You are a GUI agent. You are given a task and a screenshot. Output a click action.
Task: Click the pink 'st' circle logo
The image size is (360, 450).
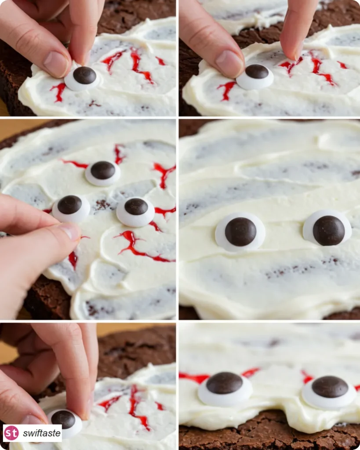click(x=11, y=433)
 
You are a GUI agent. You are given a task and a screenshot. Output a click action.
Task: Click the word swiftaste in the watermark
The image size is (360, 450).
click(x=42, y=433)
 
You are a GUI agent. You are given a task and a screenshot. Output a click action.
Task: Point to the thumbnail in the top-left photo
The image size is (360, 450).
click(x=56, y=61)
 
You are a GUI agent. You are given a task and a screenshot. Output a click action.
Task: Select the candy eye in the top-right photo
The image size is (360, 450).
click(x=255, y=76)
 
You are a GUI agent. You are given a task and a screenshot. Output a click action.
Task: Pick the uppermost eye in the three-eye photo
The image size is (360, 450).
click(x=103, y=173)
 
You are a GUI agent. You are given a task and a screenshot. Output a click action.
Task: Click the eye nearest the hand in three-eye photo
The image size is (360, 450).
click(x=71, y=208)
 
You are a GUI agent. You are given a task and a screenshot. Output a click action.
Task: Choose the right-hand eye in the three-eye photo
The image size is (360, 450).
click(x=136, y=211)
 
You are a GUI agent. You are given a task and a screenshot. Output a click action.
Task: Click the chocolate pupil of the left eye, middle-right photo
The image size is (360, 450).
click(x=240, y=231)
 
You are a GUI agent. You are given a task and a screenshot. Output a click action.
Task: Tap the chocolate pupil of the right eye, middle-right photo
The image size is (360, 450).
click(x=329, y=230)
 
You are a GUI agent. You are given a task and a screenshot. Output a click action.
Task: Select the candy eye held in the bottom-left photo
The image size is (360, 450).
click(x=65, y=423)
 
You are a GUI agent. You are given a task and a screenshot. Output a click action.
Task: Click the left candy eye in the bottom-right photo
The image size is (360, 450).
click(x=225, y=388)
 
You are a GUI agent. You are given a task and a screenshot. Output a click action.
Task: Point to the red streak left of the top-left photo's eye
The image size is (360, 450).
click(x=59, y=91)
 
